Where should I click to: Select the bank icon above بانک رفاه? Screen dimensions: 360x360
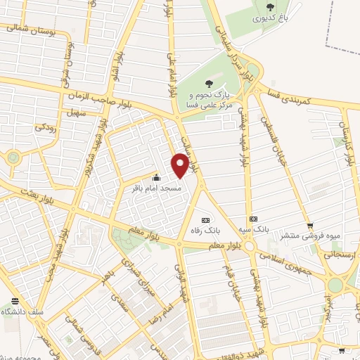tap(205, 219)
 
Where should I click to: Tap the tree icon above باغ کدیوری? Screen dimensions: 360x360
tap(271, 7)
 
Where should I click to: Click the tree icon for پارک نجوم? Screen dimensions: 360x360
tap(205, 82)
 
